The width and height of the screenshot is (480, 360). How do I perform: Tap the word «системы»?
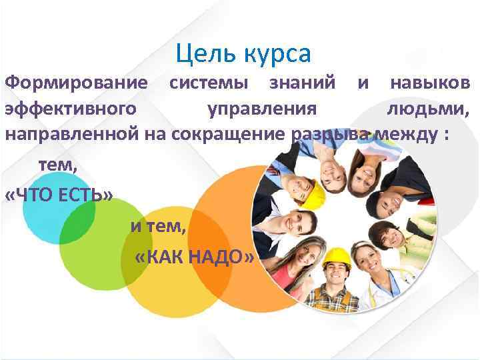coord(209,83)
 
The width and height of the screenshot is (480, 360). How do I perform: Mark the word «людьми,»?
coord(428,108)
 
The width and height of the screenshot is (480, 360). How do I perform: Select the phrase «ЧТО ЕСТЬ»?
coord(59,193)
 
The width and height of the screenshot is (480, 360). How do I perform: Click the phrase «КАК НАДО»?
coord(194,257)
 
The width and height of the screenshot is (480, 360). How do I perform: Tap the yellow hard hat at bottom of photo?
coord(336,256)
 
